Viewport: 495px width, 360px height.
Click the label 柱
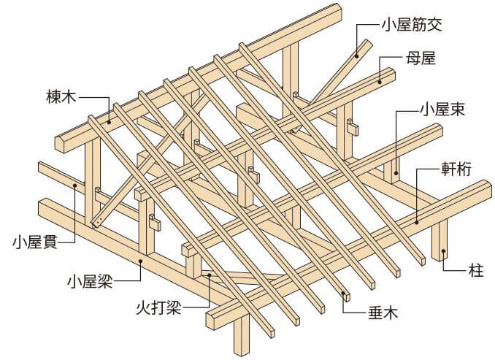click(474, 271)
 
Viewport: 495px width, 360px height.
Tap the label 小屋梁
click(88, 278)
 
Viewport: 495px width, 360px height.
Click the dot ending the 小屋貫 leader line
click(74, 185)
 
